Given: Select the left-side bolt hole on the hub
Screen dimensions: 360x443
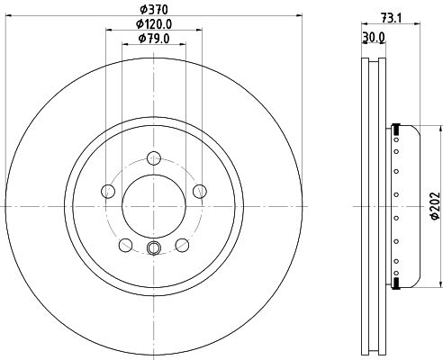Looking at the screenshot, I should pos(109,191).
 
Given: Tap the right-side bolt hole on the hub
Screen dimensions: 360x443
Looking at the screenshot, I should pos(195,191).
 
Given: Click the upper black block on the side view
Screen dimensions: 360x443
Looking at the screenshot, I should pos(395,126).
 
